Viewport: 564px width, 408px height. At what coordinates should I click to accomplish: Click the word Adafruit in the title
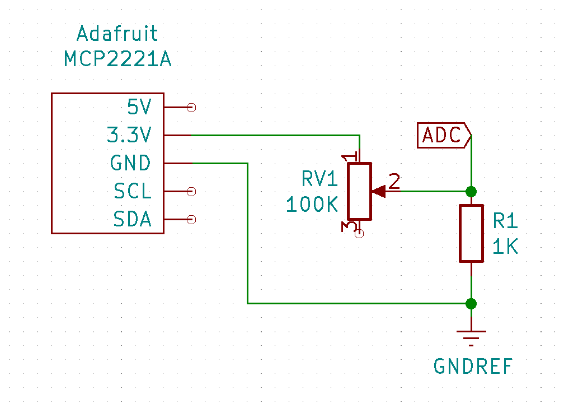[x=117, y=35]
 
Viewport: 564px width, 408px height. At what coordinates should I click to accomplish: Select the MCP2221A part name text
[x=117, y=59]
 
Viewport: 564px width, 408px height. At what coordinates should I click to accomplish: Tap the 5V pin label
[x=139, y=106]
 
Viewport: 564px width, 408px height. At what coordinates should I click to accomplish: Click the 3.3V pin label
[x=129, y=135]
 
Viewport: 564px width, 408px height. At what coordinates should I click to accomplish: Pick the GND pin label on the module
[x=131, y=163]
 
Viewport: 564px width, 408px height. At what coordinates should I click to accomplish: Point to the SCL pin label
[x=133, y=191]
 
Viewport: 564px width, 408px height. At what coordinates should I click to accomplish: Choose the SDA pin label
[x=133, y=219]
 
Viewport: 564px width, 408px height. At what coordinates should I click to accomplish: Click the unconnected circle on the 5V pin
[x=191, y=107]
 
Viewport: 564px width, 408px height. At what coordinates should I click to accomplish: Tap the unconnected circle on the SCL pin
[x=191, y=191]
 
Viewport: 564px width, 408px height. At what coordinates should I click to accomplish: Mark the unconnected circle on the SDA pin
[x=191, y=219]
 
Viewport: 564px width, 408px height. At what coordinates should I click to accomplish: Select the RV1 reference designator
[x=320, y=179]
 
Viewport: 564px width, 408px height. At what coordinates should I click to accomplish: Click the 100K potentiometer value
[x=312, y=205]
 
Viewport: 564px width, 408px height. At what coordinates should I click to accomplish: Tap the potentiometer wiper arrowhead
[x=379, y=191]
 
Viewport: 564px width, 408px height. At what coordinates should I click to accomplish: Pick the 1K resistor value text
[x=505, y=247]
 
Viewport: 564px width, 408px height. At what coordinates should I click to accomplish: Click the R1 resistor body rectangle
[x=471, y=233]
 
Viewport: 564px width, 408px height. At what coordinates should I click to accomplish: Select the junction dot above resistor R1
[x=471, y=191]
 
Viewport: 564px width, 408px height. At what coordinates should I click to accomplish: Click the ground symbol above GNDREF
[x=471, y=334]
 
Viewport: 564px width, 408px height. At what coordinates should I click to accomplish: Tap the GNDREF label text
[x=473, y=367]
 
